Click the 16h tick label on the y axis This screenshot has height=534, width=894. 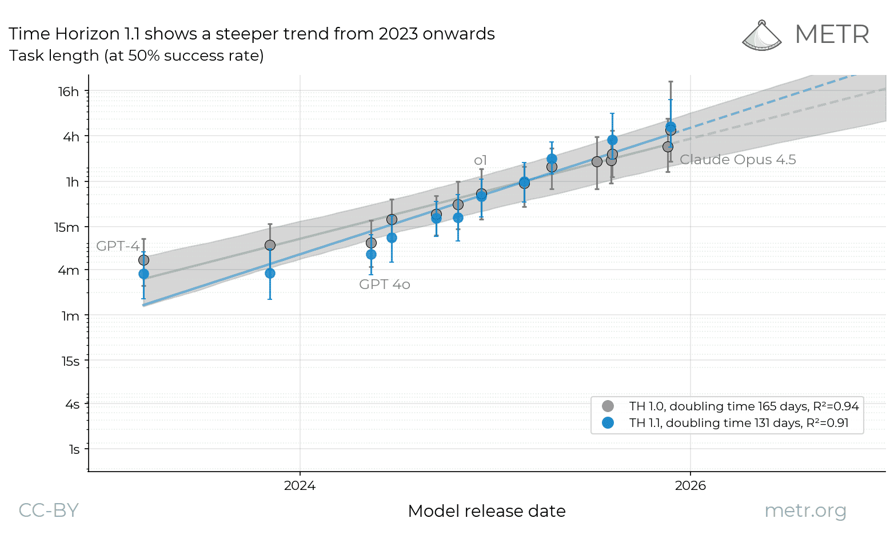(69, 92)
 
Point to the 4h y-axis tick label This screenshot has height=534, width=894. (71, 137)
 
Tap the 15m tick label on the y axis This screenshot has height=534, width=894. (67, 227)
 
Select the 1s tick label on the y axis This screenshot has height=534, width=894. (74, 449)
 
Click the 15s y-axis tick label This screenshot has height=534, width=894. (70, 361)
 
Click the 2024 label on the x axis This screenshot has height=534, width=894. (300, 486)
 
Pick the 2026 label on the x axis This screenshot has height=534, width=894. (690, 486)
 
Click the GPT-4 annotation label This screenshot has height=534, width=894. (117, 246)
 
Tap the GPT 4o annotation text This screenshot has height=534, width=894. (384, 284)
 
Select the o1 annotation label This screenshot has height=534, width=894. (480, 160)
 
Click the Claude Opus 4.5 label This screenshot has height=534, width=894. (737, 160)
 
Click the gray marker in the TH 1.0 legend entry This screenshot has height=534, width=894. (608, 406)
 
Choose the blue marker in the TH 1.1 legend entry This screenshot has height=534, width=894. (608, 423)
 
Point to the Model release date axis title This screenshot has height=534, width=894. (486, 511)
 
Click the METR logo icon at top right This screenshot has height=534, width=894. (761, 35)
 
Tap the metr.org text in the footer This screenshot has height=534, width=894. (805, 510)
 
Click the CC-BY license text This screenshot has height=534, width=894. (49, 510)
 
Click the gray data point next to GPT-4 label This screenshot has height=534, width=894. (143, 260)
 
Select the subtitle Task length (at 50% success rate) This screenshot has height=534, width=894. (136, 56)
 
